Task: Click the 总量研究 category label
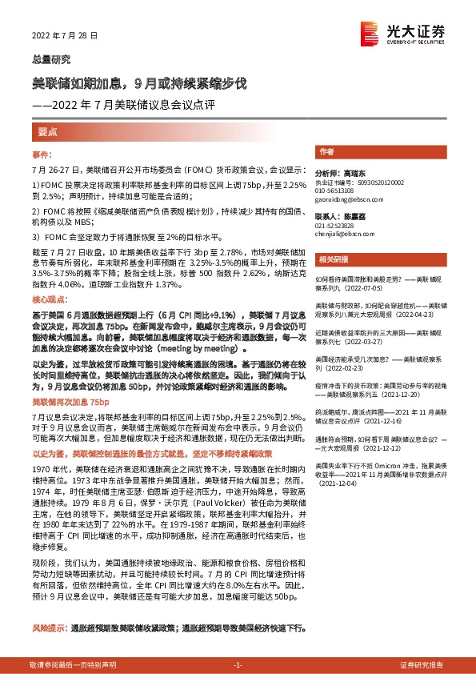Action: (50, 59)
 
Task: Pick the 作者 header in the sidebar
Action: (326, 151)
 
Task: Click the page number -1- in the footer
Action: (237, 665)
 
